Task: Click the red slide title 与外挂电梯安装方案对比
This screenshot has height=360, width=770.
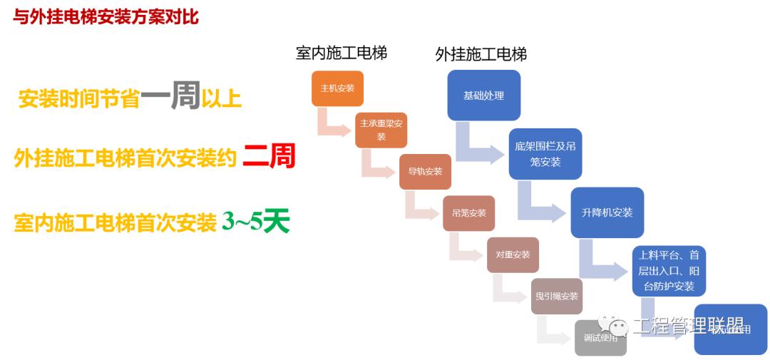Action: (x=106, y=18)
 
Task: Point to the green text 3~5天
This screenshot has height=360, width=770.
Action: (x=255, y=222)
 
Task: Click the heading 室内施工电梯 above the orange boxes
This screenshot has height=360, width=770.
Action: (x=342, y=53)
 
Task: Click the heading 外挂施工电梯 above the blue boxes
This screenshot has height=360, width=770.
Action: (x=481, y=55)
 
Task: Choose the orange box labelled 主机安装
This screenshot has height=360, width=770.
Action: (x=337, y=88)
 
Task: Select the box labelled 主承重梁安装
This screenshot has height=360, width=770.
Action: (x=381, y=130)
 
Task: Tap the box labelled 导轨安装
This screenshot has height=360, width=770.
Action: (x=425, y=171)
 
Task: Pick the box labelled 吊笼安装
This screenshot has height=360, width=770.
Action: (x=468, y=212)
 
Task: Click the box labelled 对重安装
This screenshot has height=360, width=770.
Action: (x=513, y=254)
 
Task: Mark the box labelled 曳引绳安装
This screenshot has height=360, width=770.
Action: (x=557, y=296)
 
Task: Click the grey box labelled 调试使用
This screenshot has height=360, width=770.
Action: (x=600, y=338)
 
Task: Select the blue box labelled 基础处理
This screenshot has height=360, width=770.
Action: (x=483, y=95)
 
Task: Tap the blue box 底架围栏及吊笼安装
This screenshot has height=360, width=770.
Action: (x=545, y=154)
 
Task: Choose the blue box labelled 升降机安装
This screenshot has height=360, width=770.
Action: (x=607, y=212)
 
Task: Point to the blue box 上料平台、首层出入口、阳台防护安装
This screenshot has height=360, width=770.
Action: (x=668, y=271)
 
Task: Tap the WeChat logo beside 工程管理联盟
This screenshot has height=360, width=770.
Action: (x=612, y=326)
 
